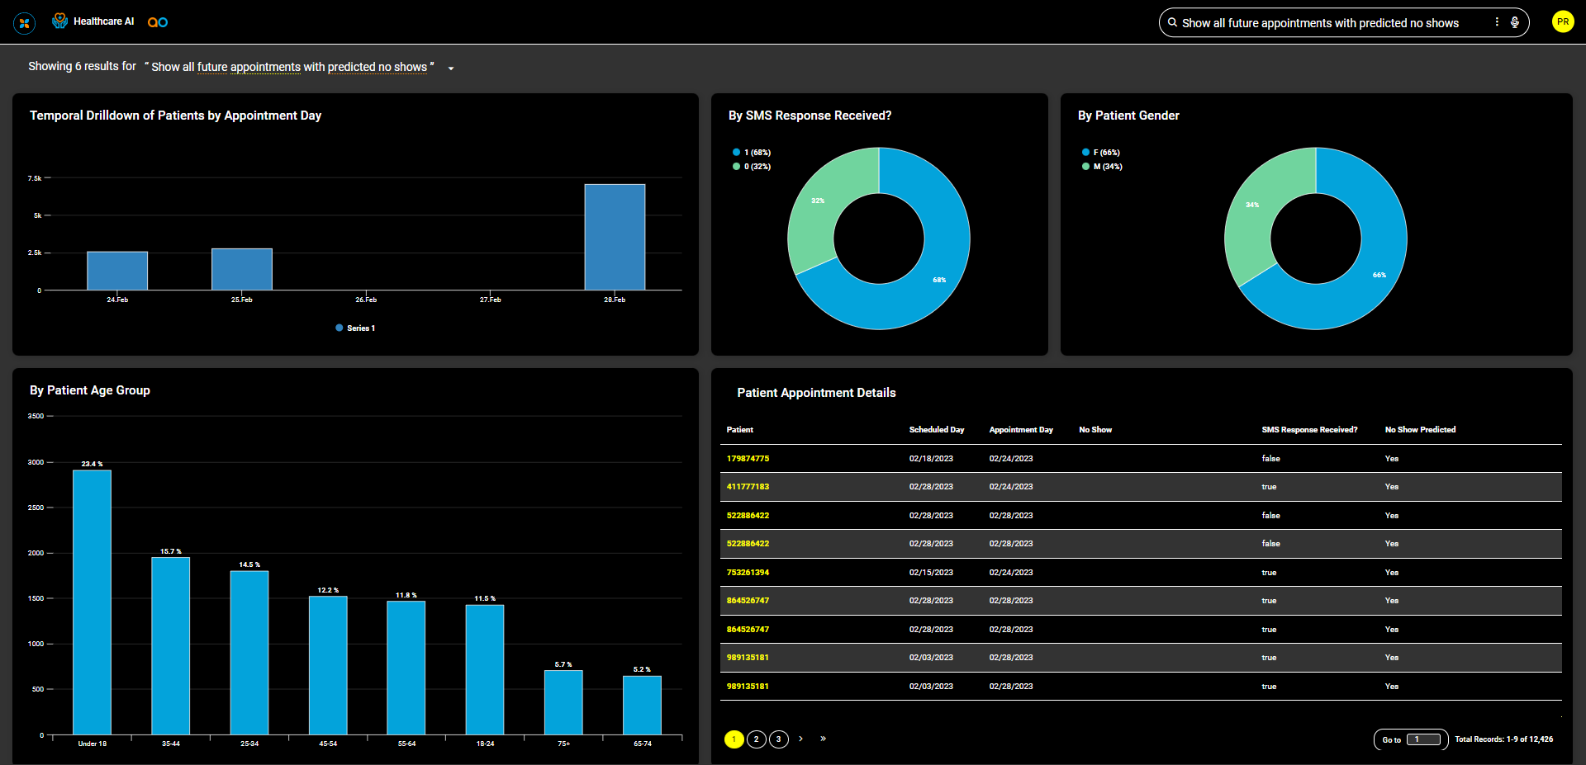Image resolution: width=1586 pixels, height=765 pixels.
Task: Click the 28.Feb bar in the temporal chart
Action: (615, 237)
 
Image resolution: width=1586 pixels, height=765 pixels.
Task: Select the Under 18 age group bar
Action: (92, 602)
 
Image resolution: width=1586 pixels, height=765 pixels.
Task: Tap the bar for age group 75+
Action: (563, 702)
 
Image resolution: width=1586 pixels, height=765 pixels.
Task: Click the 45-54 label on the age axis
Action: (328, 744)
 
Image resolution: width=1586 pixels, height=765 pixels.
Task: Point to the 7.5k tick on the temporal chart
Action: (35, 178)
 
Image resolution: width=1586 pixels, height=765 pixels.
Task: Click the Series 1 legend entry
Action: (356, 328)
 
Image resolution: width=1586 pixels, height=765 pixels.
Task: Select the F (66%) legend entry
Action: (1101, 153)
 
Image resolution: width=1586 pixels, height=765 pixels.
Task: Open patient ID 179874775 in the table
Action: (748, 459)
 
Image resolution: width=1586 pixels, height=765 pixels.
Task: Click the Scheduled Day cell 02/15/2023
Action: (931, 573)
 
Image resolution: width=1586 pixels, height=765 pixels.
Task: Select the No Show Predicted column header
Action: (1420, 430)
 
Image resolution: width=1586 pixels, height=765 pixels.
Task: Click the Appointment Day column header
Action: (1021, 430)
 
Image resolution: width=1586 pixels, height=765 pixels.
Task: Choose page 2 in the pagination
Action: (756, 739)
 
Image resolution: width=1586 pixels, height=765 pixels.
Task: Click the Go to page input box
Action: (1423, 739)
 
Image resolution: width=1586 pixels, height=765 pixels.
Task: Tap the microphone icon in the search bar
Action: (1515, 22)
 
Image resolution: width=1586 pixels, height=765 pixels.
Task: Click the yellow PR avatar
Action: (1562, 22)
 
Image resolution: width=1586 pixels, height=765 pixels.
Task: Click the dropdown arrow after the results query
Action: (451, 68)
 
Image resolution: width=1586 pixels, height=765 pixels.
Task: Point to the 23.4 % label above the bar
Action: (92, 464)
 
